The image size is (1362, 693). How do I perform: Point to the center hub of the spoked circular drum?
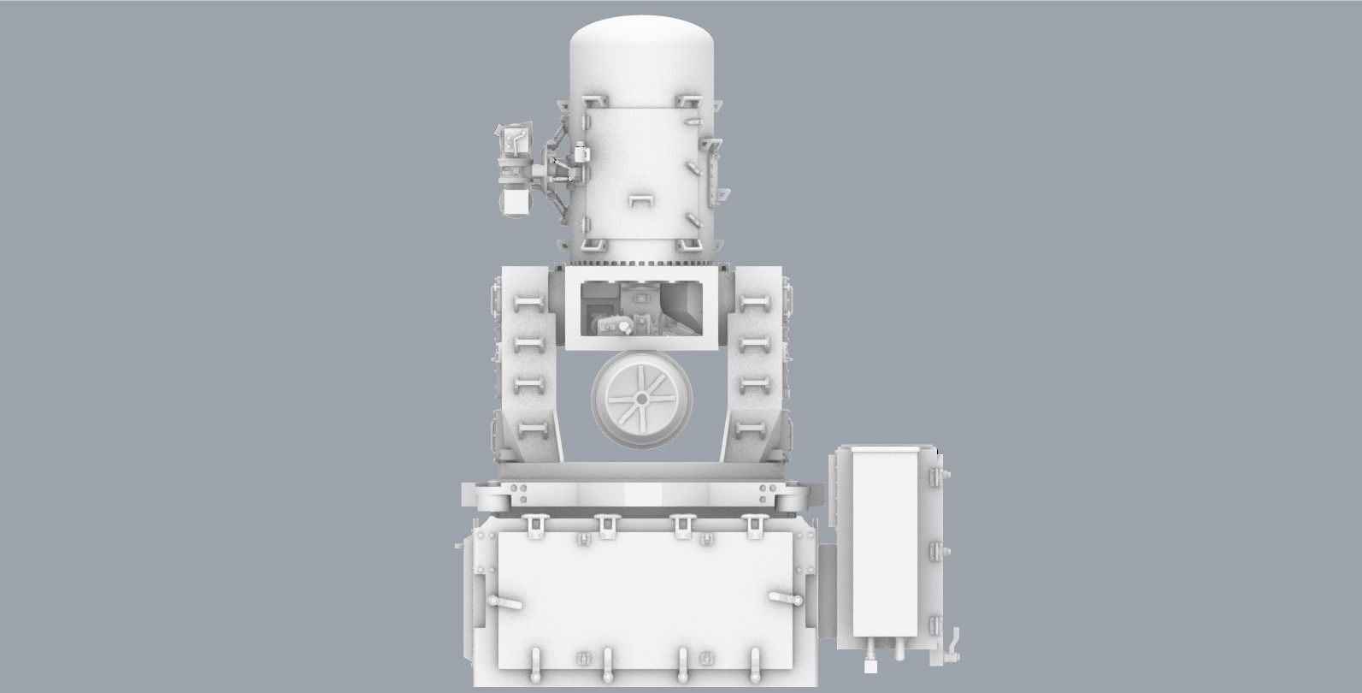640,398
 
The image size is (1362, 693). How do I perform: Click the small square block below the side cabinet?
870,664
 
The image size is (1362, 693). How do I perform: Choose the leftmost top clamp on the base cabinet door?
535,525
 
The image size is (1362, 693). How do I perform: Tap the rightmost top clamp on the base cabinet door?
755,525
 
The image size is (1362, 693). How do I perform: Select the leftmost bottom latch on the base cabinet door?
535,660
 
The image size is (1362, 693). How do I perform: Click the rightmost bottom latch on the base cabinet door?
755,660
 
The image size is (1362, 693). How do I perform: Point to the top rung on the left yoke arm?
528,303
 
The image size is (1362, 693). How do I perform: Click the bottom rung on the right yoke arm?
753,428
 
